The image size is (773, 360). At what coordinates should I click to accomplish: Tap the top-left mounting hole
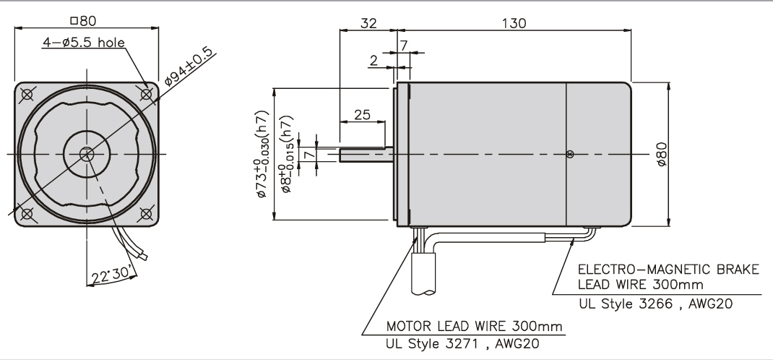(27, 94)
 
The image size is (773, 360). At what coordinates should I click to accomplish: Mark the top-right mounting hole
(147, 94)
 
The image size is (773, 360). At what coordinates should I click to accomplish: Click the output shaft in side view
(365, 153)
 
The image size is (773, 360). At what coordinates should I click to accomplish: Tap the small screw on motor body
(570, 153)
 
